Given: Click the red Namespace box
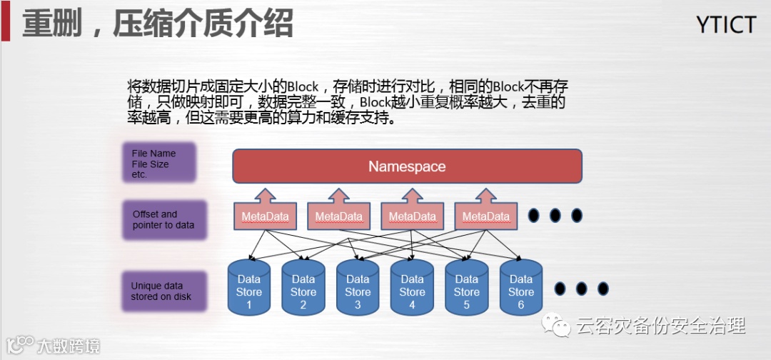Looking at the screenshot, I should pos(407,166).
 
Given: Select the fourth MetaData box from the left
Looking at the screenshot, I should pos(486,216).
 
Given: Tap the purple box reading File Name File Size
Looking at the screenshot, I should pos(158,164).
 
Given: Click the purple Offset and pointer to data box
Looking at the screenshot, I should pos(163,219).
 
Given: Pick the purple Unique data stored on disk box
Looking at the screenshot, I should pos(163,291).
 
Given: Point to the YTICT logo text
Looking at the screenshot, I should pos(725,25).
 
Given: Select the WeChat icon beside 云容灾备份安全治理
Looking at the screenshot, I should pos(555,326).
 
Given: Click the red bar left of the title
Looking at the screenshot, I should pos(5,21).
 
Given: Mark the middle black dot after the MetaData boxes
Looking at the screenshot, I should pos(555,215).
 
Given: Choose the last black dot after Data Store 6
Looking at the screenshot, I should pos(603,289).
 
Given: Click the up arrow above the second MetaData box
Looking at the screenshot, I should pos(338,196).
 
